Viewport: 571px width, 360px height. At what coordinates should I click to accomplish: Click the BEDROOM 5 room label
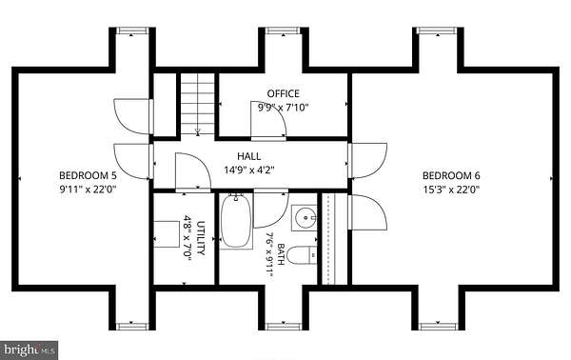tap(88, 175)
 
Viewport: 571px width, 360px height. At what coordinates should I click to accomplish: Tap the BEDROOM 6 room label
tap(451, 175)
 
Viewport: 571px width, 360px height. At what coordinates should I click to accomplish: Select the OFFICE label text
tap(284, 93)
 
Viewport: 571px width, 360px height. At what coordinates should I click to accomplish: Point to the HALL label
tap(249, 156)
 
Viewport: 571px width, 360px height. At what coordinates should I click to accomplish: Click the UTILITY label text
tap(201, 238)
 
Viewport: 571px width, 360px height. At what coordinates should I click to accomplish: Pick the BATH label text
tap(281, 254)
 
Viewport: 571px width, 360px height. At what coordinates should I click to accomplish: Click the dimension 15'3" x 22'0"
tap(451, 190)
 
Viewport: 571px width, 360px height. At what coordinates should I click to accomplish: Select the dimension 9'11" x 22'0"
tap(88, 190)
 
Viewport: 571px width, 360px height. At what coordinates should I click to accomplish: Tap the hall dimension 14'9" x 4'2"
tap(249, 170)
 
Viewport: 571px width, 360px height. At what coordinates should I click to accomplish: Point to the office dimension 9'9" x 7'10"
tap(284, 108)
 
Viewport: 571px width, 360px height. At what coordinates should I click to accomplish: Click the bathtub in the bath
tap(236, 221)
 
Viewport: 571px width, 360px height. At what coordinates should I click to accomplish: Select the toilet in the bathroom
tap(302, 255)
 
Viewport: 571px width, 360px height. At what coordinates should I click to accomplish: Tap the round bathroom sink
tap(305, 218)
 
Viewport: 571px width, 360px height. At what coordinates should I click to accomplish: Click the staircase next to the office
tap(198, 105)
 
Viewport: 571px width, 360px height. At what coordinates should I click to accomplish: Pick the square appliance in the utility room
tap(167, 234)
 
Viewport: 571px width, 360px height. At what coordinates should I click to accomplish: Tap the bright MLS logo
tap(29, 350)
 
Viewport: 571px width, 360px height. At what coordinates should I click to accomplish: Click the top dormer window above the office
tap(284, 31)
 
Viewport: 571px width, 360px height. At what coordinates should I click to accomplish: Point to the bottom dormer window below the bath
tap(284, 326)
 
